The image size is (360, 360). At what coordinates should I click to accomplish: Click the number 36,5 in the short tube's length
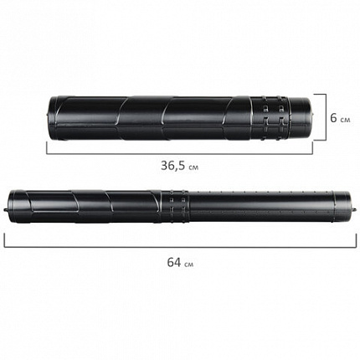point(172,166)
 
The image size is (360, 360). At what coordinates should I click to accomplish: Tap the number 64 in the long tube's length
point(174,262)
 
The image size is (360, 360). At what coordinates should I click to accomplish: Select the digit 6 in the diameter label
point(333,118)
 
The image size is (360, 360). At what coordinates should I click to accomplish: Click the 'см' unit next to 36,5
point(193,167)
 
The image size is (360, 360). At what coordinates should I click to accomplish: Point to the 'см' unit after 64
point(188,264)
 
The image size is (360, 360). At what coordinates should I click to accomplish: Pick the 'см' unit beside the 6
point(345,120)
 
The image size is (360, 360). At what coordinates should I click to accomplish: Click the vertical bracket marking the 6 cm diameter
point(325,117)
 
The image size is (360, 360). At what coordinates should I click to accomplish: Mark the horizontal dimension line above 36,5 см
point(179,153)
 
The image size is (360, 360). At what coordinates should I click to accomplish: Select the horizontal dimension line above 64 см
point(180,247)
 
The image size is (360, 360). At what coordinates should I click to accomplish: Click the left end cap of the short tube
point(54,118)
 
